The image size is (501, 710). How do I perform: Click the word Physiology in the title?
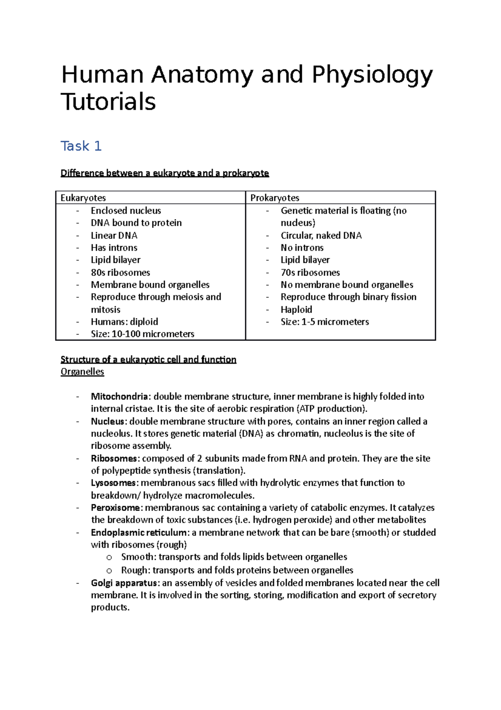[x=372, y=75]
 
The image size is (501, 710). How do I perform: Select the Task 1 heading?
[x=81, y=146]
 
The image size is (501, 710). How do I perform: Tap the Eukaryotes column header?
[x=83, y=198]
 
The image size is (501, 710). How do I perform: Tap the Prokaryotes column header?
[x=275, y=198]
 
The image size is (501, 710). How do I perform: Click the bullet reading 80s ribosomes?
[x=120, y=273]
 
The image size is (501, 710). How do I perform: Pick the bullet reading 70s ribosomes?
[x=310, y=273]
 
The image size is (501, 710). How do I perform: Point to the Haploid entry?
[x=296, y=309]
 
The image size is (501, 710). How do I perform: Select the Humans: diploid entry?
[x=124, y=322]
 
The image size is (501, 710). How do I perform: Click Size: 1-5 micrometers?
[x=324, y=322]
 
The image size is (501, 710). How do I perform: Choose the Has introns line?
[x=114, y=248]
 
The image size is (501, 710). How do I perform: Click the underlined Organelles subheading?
[x=82, y=372]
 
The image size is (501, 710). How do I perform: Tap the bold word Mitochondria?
[x=119, y=396]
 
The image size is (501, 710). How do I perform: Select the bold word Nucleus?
[x=107, y=421]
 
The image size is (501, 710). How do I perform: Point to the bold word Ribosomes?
[x=114, y=458]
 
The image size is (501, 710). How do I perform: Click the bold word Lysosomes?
[x=113, y=483]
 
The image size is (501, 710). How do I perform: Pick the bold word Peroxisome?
[x=115, y=508]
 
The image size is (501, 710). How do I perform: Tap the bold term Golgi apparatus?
[x=124, y=583]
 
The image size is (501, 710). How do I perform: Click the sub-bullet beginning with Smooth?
[x=234, y=557]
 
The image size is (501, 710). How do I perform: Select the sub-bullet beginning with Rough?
[x=237, y=570]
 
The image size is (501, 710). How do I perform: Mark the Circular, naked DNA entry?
[x=321, y=235]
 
